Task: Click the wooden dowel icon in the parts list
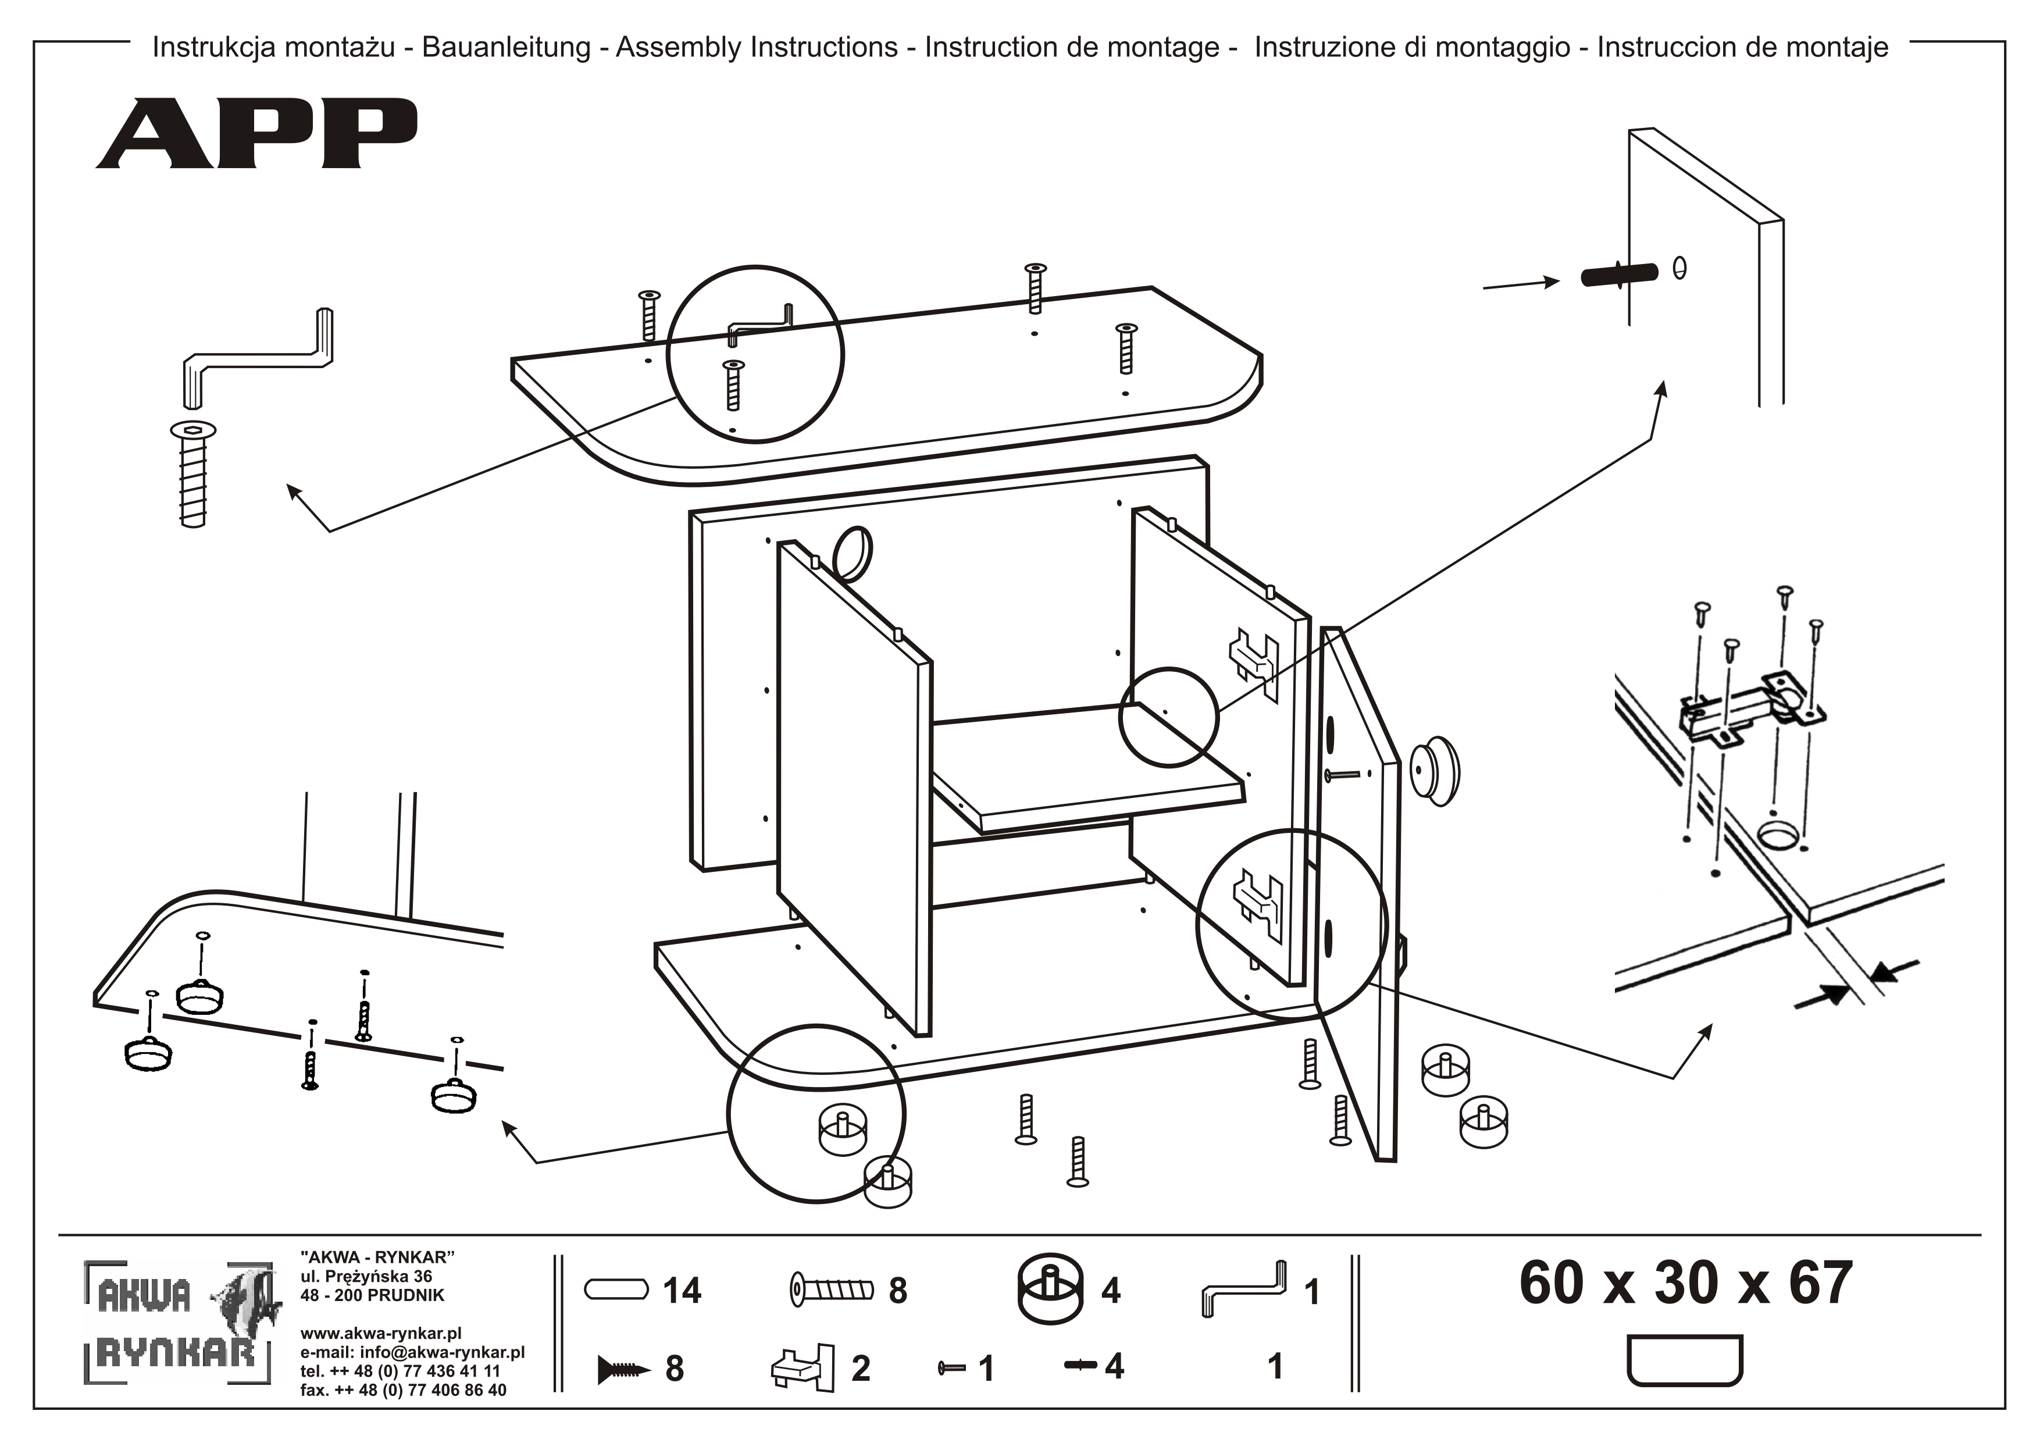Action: [616, 1289]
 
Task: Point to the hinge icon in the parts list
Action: [803, 1367]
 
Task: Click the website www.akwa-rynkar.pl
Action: [380, 1334]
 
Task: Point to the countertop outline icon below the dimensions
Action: [1684, 1359]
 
